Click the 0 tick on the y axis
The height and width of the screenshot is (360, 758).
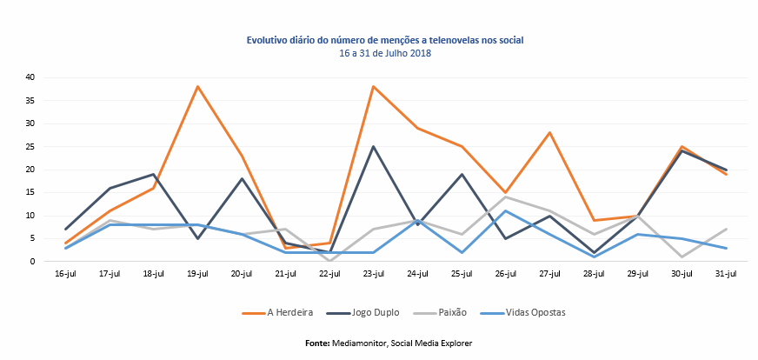coord(31,261)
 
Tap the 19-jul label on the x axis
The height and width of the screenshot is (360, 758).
coord(198,275)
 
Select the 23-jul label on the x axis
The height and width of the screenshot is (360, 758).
coord(374,275)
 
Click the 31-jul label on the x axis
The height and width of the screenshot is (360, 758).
coord(725,275)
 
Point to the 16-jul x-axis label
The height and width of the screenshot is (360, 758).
coord(66,275)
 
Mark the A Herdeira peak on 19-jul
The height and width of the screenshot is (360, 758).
coord(198,87)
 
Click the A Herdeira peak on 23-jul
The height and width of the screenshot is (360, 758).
coord(374,87)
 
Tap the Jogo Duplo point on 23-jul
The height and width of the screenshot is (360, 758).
coord(374,146)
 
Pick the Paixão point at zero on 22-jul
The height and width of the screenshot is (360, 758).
coord(329,261)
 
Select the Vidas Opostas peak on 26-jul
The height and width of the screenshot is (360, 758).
coord(505,210)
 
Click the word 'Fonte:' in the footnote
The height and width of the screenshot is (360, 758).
coord(316,343)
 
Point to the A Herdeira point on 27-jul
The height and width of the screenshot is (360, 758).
coord(549,132)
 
